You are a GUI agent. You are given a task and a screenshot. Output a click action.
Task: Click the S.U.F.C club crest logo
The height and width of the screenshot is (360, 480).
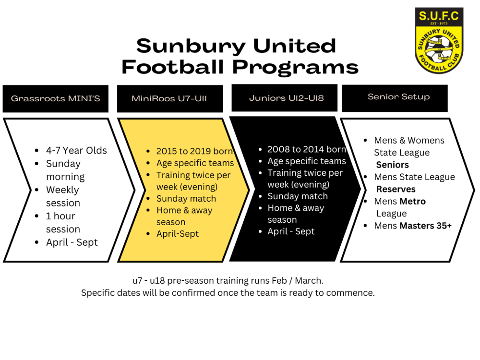(439, 40)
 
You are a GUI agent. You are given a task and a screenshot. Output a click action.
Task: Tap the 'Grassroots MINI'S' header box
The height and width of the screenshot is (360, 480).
(55, 98)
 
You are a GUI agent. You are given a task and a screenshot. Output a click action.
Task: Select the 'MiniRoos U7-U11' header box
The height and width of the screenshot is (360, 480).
(170, 98)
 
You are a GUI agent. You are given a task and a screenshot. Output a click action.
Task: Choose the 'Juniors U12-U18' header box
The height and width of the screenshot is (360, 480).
(284, 98)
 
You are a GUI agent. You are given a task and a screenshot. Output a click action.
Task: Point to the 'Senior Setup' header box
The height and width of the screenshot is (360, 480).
(395, 98)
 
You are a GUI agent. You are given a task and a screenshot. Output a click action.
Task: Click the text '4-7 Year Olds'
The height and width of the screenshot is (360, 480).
(76, 151)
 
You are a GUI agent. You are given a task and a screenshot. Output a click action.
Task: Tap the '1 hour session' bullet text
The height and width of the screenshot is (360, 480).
(63, 223)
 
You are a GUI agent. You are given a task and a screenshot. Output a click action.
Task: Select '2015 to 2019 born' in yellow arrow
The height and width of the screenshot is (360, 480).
(195, 151)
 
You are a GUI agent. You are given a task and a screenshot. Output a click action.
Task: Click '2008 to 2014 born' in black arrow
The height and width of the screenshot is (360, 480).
(307, 149)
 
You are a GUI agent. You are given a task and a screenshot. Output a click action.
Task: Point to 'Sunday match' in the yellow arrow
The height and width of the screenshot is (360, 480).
(186, 199)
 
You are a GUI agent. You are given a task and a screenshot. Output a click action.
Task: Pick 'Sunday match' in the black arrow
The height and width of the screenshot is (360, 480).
(298, 196)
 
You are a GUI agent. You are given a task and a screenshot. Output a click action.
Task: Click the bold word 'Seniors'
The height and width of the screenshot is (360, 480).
(393, 165)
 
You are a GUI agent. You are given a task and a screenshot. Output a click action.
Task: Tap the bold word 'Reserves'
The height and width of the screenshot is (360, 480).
(396, 189)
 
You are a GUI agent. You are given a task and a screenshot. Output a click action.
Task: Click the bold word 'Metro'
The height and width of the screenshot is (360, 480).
(413, 202)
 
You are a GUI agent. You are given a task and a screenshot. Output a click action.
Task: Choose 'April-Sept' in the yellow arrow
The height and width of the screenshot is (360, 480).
(178, 234)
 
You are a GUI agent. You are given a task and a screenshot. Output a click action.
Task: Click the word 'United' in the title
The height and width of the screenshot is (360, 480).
(295, 46)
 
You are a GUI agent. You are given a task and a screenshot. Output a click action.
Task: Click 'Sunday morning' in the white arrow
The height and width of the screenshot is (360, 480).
(65, 170)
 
